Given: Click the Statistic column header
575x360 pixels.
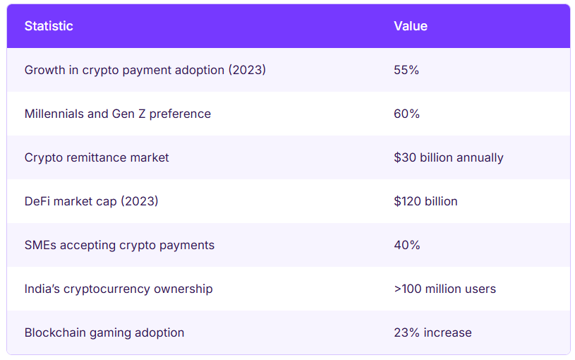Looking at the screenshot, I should (49, 26).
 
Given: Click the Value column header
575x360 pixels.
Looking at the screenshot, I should (411, 26).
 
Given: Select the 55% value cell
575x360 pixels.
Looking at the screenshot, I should (406, 70).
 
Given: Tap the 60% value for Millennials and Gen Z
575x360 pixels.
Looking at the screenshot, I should (406, 114).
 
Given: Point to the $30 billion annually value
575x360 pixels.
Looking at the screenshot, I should (449, 157).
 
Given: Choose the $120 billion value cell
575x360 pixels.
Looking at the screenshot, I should (425, 201).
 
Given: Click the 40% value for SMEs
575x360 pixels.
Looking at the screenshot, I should (406, 245).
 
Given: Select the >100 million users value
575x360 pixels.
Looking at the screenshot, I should (444, 289).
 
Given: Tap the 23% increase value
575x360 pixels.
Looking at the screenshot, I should (432, 332).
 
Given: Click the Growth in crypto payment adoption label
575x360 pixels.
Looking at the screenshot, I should (145, 70).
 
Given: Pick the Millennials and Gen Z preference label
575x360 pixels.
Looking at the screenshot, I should (117, 114).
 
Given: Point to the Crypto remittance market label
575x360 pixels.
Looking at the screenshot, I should (97, 157).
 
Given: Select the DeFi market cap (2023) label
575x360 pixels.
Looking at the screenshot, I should (91, 201).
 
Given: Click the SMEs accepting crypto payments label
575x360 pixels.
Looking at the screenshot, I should (119, 245).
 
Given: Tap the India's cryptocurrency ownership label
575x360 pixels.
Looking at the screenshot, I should (118, 289).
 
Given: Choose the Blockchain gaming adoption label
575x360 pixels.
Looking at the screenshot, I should (104, 332).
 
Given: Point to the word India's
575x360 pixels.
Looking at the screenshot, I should (41, 289).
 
